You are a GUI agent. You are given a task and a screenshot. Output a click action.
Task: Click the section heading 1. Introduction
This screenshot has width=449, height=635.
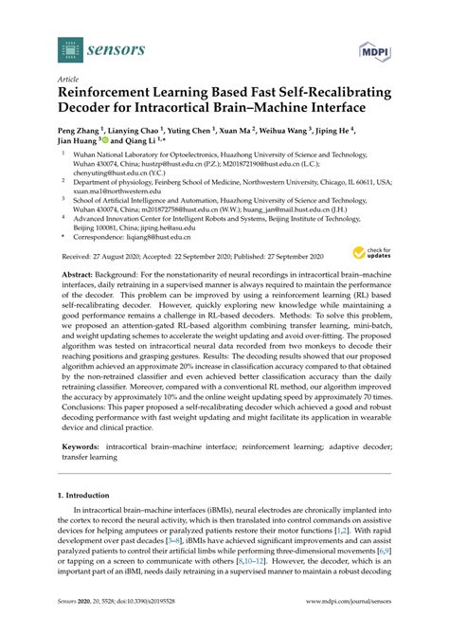[x=89, y=521]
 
